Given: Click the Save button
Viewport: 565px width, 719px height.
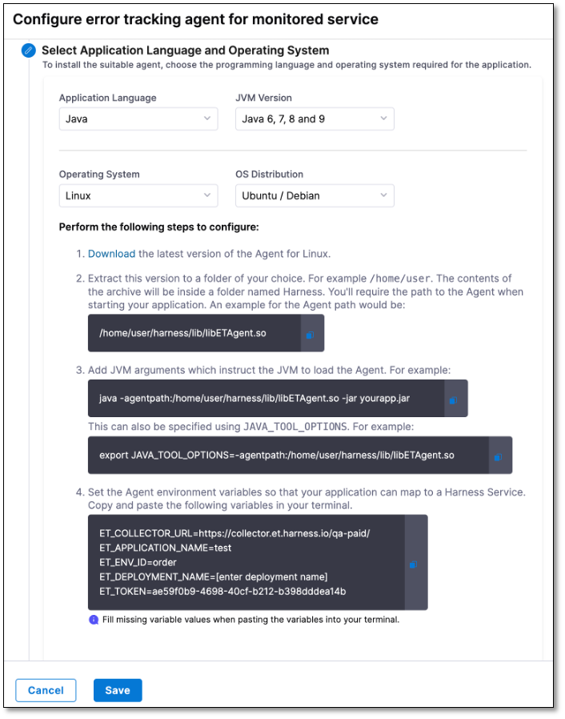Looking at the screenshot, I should click(118, 690).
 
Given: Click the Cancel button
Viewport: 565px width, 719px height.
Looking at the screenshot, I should click(46, 690).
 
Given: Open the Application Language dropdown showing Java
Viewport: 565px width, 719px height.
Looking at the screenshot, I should click(138, 118).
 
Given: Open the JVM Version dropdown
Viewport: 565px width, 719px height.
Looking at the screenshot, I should click(315, 118).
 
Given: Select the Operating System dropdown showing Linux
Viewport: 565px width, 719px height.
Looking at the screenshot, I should click(138, 195).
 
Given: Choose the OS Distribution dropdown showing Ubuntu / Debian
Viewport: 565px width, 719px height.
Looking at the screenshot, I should click(315, 195).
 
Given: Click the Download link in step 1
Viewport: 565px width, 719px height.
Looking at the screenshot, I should click(111, 254).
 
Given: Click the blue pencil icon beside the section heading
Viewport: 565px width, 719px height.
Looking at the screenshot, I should click(29, 50).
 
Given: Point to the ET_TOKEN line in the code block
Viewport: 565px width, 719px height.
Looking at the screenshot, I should click(222, 592).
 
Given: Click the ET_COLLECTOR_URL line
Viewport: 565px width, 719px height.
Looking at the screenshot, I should click(234, 533).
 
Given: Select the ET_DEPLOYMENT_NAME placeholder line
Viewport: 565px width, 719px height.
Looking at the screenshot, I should click(214, 576).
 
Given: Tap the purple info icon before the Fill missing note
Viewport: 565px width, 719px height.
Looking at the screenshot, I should click(94, 620).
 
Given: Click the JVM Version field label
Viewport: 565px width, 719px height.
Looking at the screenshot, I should click(263, 98).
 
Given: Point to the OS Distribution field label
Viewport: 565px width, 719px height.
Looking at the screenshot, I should click(269, 174).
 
